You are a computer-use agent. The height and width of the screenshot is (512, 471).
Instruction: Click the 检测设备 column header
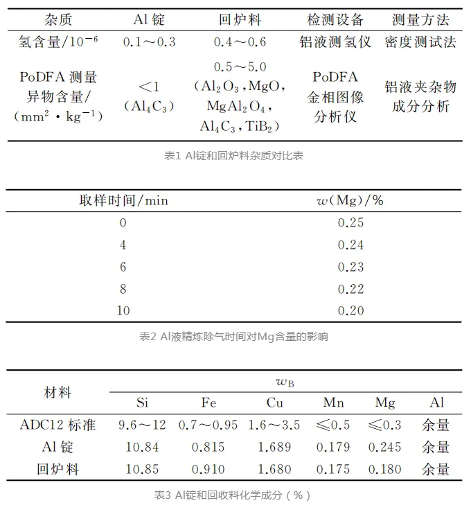tap(335, 19)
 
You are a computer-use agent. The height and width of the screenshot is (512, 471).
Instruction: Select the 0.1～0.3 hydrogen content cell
tap(149, 42)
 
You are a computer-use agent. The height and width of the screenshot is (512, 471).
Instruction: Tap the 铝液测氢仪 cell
tap(335, 42)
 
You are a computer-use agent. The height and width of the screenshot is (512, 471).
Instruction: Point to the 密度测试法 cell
tap(420, 42)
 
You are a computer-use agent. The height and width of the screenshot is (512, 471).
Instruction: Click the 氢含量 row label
tap(58, 42)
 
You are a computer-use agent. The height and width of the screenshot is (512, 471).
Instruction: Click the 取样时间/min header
tap(123, 201)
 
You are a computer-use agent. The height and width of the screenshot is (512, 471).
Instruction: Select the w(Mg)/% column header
tap(350, 201)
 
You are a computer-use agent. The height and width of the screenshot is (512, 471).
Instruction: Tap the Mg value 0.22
tap(350, 289)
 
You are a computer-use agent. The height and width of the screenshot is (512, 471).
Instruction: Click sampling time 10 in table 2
tap(123, 311)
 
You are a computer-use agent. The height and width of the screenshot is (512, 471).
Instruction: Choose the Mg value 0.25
tap(350, 223)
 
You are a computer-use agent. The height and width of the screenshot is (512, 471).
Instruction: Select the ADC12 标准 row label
tap(58, 425)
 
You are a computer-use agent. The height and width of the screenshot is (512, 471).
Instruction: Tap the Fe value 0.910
tap(208, 469)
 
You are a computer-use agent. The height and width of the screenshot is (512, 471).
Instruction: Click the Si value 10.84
tap(142, 447)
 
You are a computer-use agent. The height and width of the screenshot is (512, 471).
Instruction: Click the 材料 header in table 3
tap(58, 392)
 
